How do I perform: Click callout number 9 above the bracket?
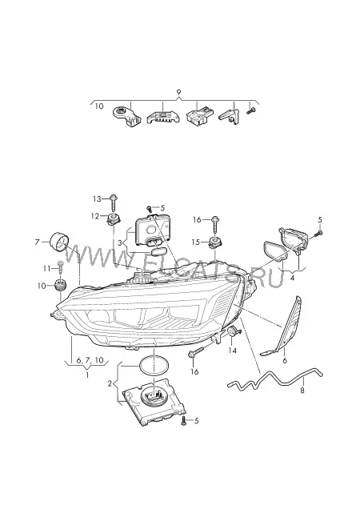pyautogui.click(x=178, y=92)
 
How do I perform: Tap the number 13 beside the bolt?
pyautogui.click(x=97, y=199)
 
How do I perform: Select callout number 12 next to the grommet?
pyautogui.click(x=94, y=216)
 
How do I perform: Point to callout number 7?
pyautogui.click(x=38, y=242)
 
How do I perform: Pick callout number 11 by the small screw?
pyautogui.click(x=46, y=268)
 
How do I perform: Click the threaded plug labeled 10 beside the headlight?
pyautogui.click(x=60, y=285)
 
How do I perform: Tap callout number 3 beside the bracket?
pyautogui.click(x=120, y=242)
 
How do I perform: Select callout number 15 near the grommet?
pyautogui.click(x=195, y=242)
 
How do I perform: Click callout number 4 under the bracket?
pyautogui.click(x=292, y=278)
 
